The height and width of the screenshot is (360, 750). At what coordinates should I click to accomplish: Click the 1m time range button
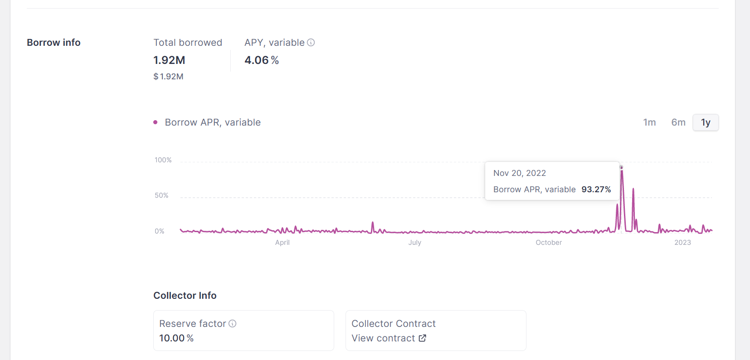click(x=649, y=122)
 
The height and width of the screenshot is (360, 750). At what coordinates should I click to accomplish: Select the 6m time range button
click(x=678, y=122)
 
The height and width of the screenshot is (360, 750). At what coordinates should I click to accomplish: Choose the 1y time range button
click(x=706, y=122)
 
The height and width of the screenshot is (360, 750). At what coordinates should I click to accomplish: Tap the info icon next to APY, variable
click(x=311, y=43)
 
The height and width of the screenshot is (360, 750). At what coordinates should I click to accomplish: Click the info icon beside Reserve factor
click(x=233, y=324)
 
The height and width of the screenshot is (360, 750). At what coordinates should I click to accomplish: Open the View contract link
click(x=389, y=338)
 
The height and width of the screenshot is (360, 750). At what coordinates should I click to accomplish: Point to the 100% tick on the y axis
click(x=163, y=160)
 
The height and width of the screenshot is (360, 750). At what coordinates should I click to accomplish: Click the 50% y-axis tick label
click(x=161, y=195)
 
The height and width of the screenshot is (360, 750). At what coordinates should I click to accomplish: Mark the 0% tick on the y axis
click(x=160, y=231)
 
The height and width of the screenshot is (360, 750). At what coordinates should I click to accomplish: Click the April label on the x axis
click(x=282, y=243)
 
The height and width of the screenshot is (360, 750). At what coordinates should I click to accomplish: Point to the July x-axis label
click(x=414, y=243)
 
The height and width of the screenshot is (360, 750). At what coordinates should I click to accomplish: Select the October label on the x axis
click(x=549, y=243)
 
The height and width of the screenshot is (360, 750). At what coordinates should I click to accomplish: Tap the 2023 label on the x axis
click(x=682, y=243)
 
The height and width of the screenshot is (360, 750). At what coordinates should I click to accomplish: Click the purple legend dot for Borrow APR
click(x=156, y=122)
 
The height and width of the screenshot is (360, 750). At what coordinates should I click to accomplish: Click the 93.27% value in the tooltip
click(x=596, y=190)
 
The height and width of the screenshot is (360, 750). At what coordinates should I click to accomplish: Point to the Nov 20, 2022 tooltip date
click(x=520, y=173)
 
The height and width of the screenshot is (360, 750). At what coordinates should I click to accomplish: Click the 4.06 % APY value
click(x=262, y=60)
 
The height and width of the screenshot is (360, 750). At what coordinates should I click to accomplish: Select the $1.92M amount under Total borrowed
click(x=168, y=77)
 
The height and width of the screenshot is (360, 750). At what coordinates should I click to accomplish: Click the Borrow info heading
click(x=54, y=43)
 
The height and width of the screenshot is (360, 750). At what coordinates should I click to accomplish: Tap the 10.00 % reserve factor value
click(x=176, y=338)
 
